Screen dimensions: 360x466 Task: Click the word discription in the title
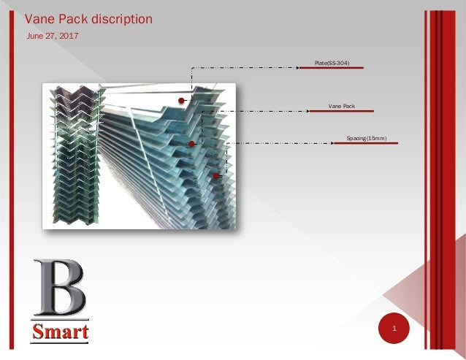click(x=121, y=19)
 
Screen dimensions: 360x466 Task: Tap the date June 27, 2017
click(x=53, y=36)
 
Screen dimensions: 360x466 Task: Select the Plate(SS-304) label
click(x=332, y=64)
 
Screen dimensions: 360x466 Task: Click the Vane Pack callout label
click(x=341, y=107)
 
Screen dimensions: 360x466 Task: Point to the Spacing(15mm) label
click(x=366, y=138)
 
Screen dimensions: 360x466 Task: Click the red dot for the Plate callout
click(x=181, y=101)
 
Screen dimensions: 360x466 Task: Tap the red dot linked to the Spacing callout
click(x=191, y=144)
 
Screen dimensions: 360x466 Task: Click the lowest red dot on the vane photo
click(x=216, y=176)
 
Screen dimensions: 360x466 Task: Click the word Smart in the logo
click(x=61, y=332)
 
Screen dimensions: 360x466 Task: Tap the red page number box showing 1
click(x=394, y=330)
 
